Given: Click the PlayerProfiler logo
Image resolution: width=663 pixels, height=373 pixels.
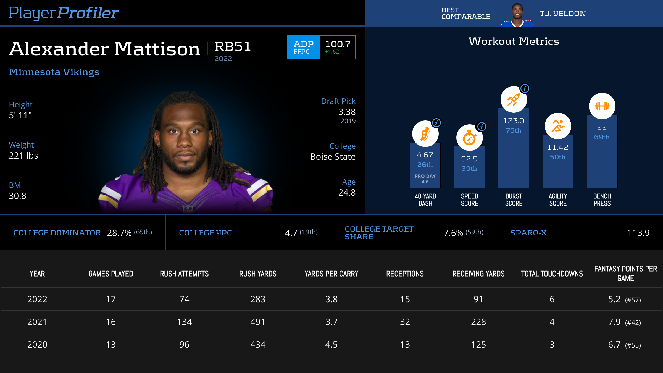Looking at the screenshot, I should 64,13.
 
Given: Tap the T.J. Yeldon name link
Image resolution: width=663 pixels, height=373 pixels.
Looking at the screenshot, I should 563,14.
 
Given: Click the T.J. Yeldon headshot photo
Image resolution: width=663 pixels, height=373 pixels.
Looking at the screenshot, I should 517,14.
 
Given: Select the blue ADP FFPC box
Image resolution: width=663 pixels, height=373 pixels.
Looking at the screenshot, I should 303,47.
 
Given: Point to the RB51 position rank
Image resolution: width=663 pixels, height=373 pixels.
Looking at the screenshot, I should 233,46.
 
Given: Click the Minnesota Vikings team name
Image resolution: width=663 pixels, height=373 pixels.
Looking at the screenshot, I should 54,72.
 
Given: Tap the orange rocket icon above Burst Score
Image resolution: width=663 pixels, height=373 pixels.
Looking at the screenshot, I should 514,99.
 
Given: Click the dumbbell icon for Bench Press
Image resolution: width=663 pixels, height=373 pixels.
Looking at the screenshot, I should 602,106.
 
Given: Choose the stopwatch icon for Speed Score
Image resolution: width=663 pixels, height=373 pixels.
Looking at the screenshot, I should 469,138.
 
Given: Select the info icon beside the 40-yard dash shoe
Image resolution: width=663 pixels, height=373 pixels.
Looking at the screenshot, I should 436,122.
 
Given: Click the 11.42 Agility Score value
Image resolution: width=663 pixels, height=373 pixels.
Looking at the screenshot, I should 558,147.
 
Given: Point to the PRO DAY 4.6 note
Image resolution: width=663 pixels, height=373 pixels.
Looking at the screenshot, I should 425,179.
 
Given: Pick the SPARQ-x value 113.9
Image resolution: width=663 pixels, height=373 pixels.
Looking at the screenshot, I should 638,233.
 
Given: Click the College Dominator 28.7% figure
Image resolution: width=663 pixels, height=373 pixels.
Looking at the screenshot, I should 119,233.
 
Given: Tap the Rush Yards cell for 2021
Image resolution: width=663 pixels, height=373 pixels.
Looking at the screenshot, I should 258,322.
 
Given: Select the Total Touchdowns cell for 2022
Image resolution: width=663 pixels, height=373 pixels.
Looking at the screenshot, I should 552,299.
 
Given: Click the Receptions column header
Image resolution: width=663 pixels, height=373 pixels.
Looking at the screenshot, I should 405,274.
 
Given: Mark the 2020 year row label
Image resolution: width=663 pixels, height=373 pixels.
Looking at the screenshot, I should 37,345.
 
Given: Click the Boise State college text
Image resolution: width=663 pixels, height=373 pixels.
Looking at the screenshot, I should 333,157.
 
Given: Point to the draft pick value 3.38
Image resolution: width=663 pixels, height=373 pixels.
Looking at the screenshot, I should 347,112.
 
